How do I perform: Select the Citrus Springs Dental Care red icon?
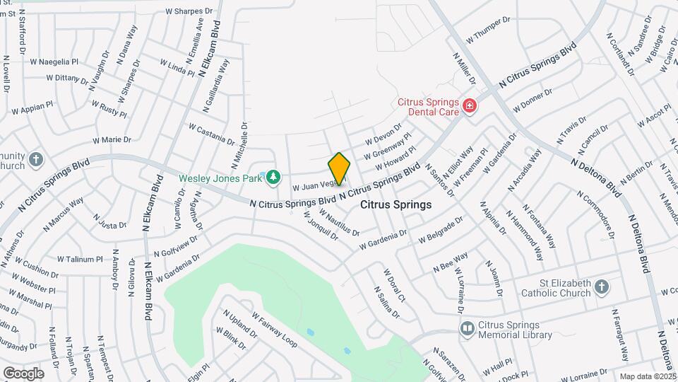[470, 106]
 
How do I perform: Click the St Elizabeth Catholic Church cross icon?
[601, 287]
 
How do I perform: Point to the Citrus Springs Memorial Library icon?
[467, 328]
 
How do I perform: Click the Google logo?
[23, 373]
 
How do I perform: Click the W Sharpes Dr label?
[189, 11]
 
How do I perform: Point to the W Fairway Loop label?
[274, 330]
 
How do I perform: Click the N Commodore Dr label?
[597, 215]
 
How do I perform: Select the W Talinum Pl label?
[80, 260]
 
